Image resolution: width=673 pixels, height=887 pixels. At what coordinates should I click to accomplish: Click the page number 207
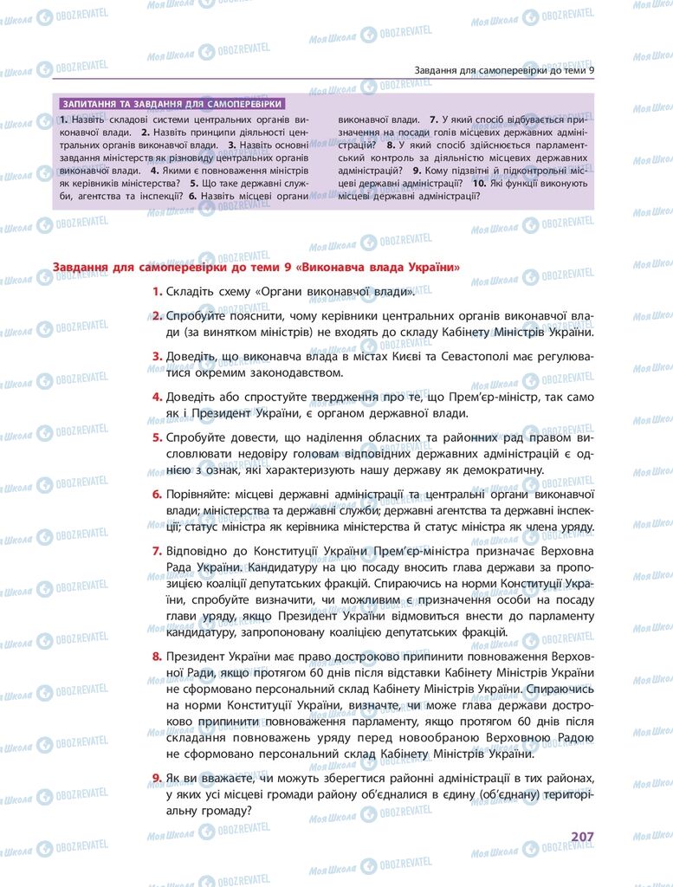coord(581,837)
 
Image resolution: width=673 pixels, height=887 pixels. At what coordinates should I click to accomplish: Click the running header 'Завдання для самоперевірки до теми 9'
coord(504,70)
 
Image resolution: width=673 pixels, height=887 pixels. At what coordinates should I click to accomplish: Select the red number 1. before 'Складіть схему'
coord(157,292)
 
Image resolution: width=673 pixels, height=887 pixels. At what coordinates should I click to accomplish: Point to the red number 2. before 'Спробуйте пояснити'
coord(157,317)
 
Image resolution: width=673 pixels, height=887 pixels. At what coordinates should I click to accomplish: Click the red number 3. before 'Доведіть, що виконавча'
coord(157,356)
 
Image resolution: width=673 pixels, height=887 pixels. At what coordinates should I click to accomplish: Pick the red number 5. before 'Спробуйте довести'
coord(157,437)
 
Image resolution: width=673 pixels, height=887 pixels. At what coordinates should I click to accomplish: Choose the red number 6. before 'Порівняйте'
coord(157,494)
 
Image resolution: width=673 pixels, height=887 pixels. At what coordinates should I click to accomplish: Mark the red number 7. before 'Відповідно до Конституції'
coord(157,550)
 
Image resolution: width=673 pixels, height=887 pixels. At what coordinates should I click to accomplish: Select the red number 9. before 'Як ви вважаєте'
coord(157,779)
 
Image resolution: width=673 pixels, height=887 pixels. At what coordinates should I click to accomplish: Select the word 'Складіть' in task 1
coord(189,292)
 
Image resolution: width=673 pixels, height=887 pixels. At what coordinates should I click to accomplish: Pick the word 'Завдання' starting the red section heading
coord(81,267)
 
